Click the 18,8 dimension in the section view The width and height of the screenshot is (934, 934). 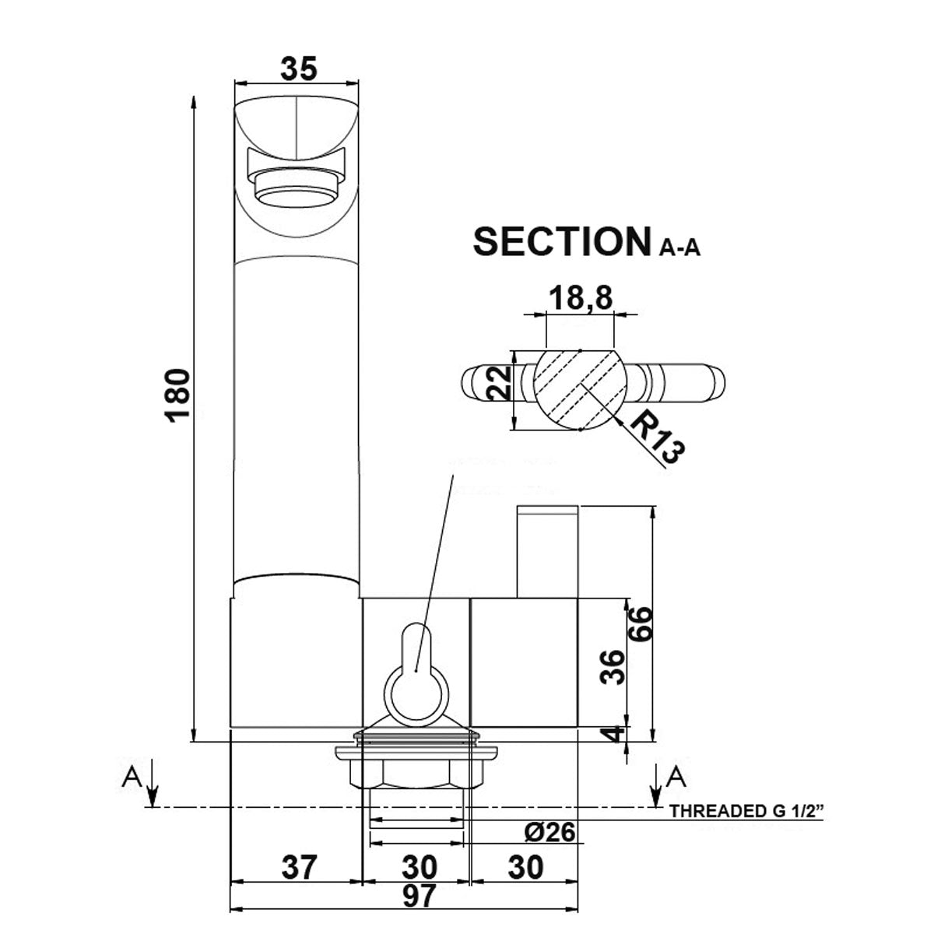(x=579, y=298)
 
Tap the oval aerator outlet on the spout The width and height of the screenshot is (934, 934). (x=297, y=190)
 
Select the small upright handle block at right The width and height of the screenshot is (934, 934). (x=547, y=551)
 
